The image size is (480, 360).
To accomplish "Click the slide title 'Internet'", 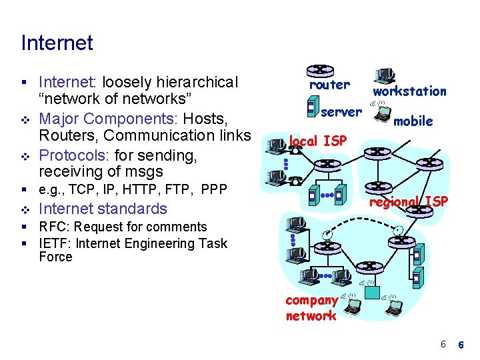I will (57, 43).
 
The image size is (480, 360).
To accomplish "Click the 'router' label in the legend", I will (329, 85).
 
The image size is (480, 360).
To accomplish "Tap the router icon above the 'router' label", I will (321, 70).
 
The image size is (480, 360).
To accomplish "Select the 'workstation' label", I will (409, 91).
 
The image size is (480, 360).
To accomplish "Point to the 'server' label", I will (341, 111).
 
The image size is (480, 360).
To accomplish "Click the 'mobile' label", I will (413, 121).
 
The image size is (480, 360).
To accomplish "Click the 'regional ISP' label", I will (408, 201).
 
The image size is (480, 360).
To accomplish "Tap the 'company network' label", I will (311, 308).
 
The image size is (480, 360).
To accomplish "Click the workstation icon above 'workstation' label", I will (385, 75).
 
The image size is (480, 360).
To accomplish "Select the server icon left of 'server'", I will (311, 107).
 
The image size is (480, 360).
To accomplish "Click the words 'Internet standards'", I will (103, 209).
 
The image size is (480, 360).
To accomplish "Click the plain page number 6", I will (442, 344).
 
